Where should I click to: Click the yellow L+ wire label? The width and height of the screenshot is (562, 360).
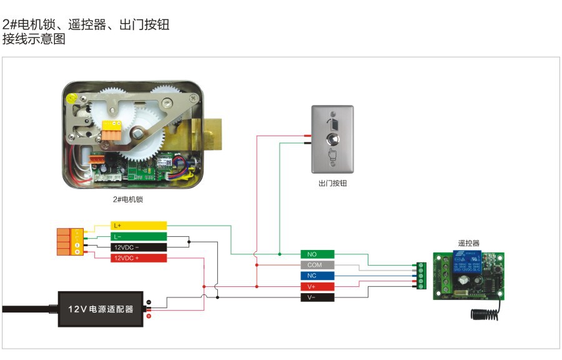click(x=139, y=225)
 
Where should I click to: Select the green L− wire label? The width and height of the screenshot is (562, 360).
click(x=139, y=236)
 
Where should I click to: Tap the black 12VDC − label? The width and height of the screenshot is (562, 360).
click(x=139, y=247)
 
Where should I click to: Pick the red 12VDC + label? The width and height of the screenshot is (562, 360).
click(x=139, y=257)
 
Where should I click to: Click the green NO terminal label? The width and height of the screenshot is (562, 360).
click(x=317, y=254)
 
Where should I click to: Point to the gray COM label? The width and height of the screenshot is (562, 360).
click(x=317, y=265)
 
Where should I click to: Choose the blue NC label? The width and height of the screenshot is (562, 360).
click(x=317, y=276)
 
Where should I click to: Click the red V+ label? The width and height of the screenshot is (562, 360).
click(x=317, y=286)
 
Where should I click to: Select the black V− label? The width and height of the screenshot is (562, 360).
click(x=317, y=297)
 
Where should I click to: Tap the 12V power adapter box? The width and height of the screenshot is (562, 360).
click(x=101, y=309)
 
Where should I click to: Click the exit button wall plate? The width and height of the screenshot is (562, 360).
click(x=332, y=139)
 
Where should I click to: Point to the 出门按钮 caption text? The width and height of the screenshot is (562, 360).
click(x=332, y=184)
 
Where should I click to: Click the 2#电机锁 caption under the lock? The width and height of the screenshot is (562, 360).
click(x=127, y=200)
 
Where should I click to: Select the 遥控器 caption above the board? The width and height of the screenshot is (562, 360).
click(x=469, y=243)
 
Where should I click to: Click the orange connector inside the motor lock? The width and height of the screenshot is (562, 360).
click(x=111, y=132)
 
